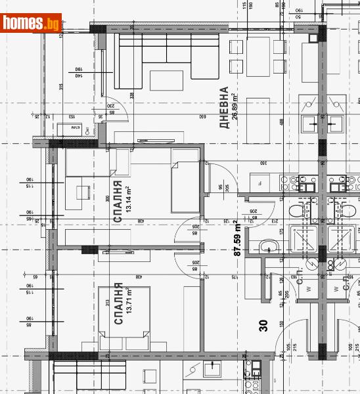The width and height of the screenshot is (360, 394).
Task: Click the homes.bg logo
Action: [x=32, y=24]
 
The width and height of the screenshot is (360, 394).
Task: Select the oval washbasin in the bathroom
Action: [x=267, y=246]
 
